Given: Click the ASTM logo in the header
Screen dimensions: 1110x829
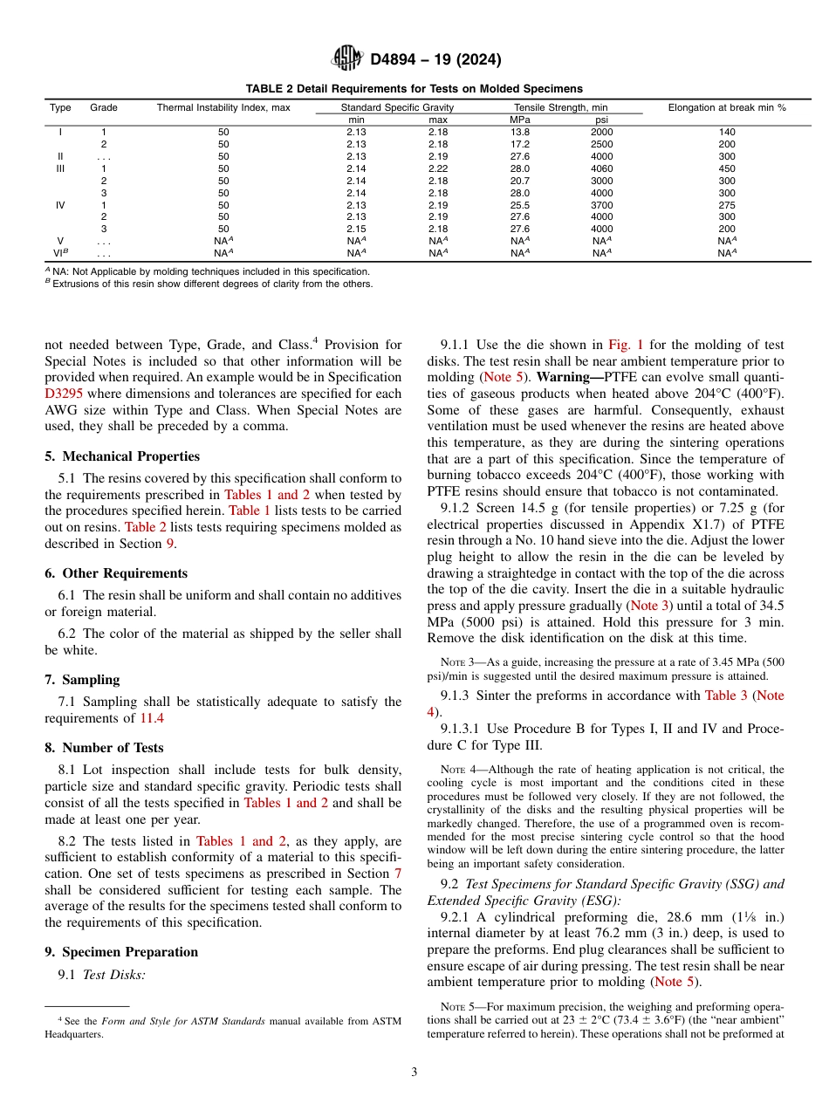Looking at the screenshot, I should pyautogui.click(x=347, y=59).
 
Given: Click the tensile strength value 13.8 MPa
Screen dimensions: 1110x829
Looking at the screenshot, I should pyautogui.click(x=519, y=132).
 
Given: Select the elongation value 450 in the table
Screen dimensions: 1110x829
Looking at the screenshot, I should pyautogui.click(x=727, y=168).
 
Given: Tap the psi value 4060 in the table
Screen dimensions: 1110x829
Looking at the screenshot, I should pyautogui.click(x=601, y=168).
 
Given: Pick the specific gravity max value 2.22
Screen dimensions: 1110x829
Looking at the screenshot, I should pyautogui.click(x=437, y=168).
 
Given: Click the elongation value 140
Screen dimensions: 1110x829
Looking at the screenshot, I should pyautogui.click(x=727, y=132).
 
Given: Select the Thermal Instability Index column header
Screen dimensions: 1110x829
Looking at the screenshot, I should pyautogui.click(x=223, y=107).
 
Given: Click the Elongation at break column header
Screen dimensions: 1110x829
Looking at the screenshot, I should pyautogui.click(x=727, y=107).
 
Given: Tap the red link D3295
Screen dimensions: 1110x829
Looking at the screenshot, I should pyautogui.click(x=64, y=393).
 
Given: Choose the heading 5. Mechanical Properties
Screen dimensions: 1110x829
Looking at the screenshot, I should pyautogui.click(x=122, y=456).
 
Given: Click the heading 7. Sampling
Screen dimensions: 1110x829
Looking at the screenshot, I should pyautogui.click(x=82, y=680).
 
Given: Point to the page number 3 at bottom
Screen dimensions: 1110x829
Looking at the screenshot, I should pyautogui.click(x=414, y=1072).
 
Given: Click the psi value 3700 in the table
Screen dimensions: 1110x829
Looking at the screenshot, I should pyautogui.click(x=601, y=205).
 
